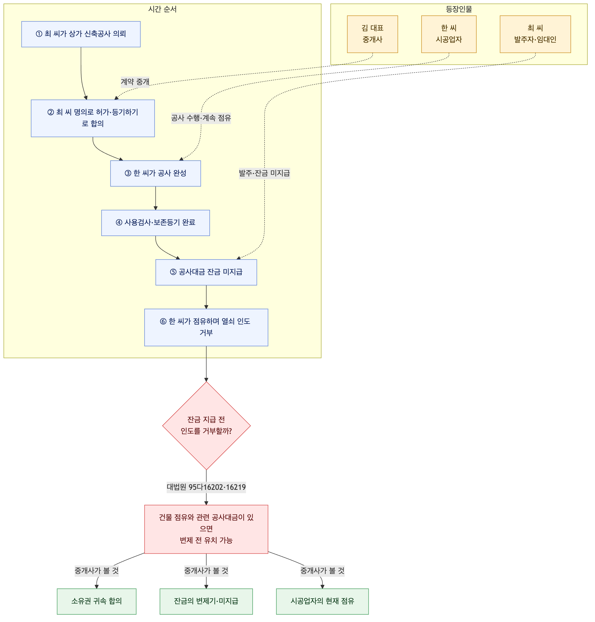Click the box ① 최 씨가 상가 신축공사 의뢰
pyautogui.click(x=81, y=34)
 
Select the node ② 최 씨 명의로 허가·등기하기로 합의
pyautogui.click(x=93, y=118)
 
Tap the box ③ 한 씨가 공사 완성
pyautogui.click(x=155, y=173)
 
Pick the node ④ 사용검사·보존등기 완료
pyautogui.click(x=155, y=223)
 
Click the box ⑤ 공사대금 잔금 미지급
pyautogui.click(x=206, y=272)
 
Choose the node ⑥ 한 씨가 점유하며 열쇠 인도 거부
pyautogui.click(x=206, y=327)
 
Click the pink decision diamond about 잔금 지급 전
pyautogui.click(x=206, y=426)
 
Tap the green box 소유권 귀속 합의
pyautogui.click(x=97, y=601)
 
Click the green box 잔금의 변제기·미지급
pyautogui.click(x=206, y=601)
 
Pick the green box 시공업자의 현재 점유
pyautogui.click(x=322, y=601)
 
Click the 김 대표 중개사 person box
pyautogui.click(x=372, y=34)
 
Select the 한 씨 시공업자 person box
pyautogui.click(x=449, y=34)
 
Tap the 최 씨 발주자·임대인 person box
pyautogui.click(x=535, y=34)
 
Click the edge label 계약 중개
pyautogui.click(x=135, y=82)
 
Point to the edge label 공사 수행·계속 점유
pyautogui.click(x=201, y=118)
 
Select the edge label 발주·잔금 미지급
pyautogui.click(x=264, y=173)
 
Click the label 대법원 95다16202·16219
pyautogui.click(x=206, y=487)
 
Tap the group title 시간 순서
pyautogui.click(x=162, y=9)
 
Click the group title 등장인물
pyautogui.click(x=459, y=9)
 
